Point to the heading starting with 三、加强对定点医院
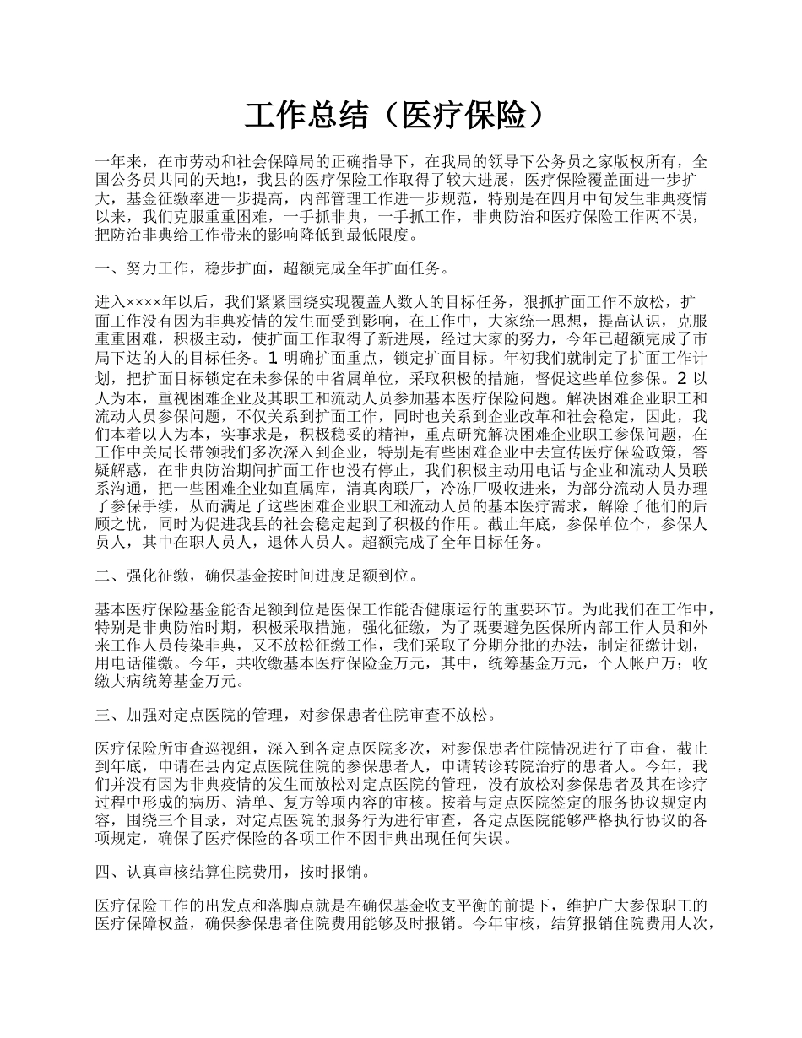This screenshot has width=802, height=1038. pyautogui.click(x=295, y=715)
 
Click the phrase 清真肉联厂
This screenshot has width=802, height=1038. pyautogui.click(x=398, y=489)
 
